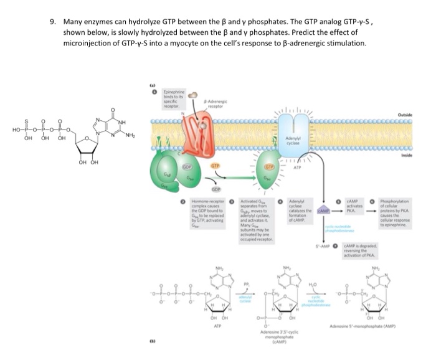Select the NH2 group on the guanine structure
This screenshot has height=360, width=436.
click(x=131, y=135)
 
